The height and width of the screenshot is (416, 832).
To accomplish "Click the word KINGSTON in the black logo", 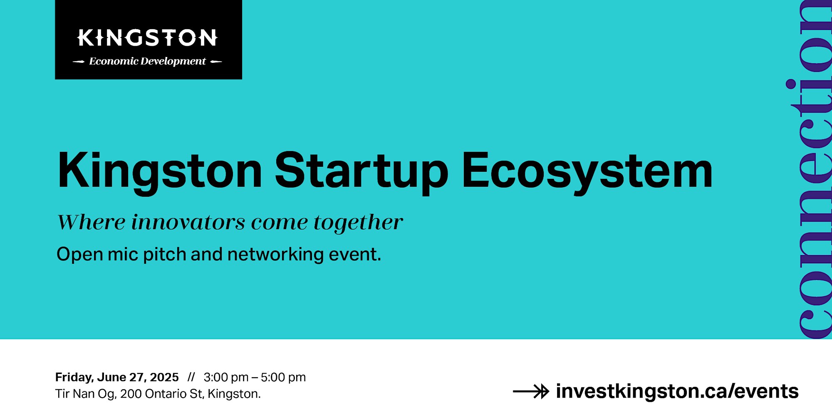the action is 147,37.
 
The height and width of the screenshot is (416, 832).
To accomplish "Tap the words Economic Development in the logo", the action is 147,61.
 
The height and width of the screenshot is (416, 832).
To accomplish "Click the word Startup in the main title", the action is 362,172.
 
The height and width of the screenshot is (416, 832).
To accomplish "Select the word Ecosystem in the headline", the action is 587,172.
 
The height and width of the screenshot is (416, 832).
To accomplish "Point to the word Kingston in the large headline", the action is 160,172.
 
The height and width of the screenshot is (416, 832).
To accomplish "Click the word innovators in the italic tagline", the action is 188,222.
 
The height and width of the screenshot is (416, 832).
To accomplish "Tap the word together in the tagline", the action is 359,223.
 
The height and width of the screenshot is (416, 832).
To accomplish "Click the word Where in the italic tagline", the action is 91,222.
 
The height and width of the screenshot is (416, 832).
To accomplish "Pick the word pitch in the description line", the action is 164,255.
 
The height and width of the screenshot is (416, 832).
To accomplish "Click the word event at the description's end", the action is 355,255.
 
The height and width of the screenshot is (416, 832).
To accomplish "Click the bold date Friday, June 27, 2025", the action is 117,377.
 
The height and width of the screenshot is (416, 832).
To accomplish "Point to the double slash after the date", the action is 191,377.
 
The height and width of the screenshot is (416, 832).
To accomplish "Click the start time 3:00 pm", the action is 226,377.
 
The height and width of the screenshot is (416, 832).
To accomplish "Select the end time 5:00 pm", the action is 283,377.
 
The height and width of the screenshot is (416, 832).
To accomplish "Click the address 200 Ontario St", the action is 162,394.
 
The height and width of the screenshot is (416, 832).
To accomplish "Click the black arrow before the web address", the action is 531,391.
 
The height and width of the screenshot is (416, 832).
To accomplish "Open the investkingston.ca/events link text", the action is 677,391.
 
